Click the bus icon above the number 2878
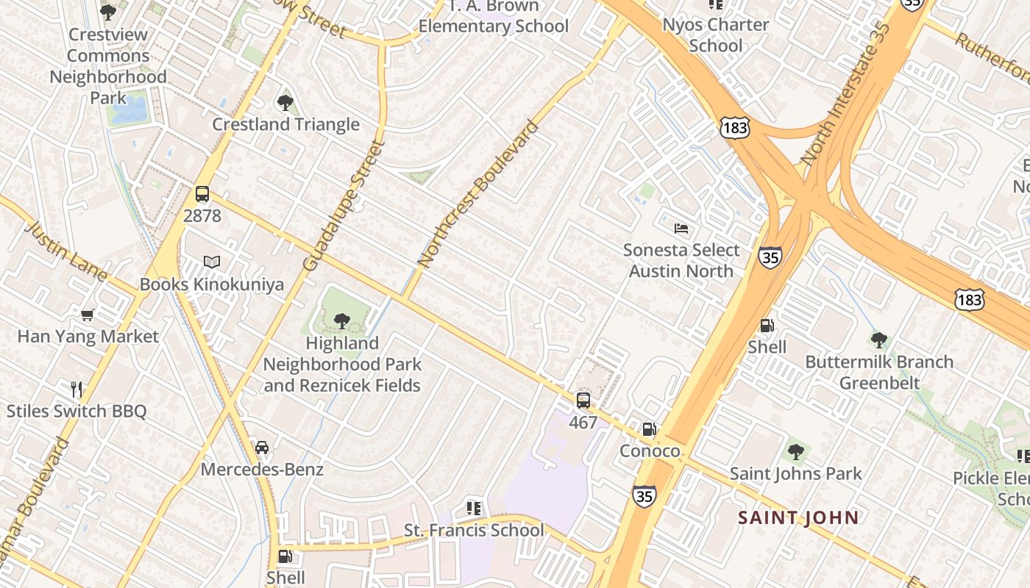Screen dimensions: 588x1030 click(202, 194)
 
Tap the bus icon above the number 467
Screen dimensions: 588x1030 click(583, 401)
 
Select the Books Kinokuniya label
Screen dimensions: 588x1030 click(212, 284)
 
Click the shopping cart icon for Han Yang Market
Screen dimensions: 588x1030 click(88, 315)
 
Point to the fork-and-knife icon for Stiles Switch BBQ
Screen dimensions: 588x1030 click(77, 389)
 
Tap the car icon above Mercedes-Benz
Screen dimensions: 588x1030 click(261, 447)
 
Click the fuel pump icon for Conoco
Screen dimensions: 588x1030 click(649, 429)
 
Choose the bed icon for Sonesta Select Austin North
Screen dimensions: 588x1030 click(681, 229)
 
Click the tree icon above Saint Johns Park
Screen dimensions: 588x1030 click(795, 451)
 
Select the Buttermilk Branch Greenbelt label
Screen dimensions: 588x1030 click(879, 372)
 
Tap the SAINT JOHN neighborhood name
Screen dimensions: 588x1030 click(799, 517)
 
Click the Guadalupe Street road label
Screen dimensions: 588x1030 click(344, 205)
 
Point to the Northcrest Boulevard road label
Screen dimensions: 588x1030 click(478, 193)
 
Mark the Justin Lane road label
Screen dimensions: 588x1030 click(66, 251)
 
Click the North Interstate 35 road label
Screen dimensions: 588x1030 click(846, 93)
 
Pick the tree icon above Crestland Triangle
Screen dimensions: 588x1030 click(285, 103)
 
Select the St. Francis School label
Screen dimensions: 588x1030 click(475, 530)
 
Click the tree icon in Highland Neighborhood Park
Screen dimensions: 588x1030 click(341, 320)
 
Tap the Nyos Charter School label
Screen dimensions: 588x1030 click(716, 35)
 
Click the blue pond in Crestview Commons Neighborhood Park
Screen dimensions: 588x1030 click(129, 111)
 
